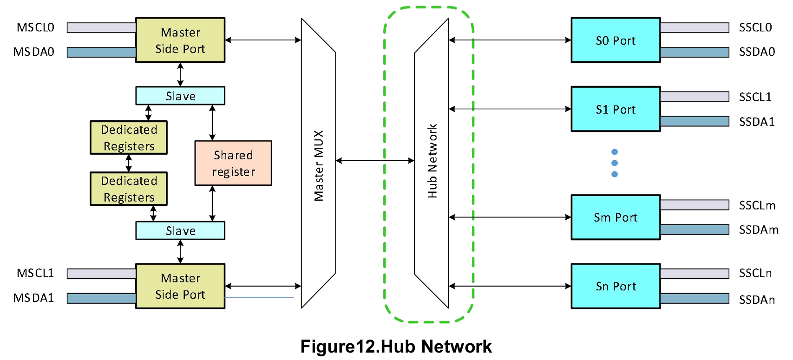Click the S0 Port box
tap(615, 40)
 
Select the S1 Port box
tap(615, 109)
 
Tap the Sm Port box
tap(615, 217)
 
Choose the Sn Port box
tap(615, 286)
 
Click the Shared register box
tap(233, 163)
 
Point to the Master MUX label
tap(319, 165)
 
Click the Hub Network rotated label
tap(433, 161)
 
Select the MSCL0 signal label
tap(35, 27)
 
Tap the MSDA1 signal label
tap(33, 298)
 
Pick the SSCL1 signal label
tap(755, 97)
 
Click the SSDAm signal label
tap(758, 229)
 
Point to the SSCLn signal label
tap(755, 273)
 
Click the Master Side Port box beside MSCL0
tap(180, 40)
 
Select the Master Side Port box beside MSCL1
tap(180, 286)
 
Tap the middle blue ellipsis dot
tap(615, 163)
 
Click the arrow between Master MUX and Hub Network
tap(374, 161)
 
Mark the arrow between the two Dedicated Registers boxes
tap(129, 163)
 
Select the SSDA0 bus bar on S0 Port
tap(695, 52)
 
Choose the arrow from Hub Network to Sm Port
tap(510, 217)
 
